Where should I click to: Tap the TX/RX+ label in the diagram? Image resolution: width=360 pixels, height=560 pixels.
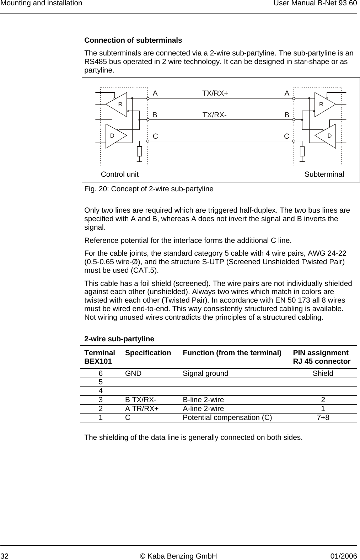pos(215,93)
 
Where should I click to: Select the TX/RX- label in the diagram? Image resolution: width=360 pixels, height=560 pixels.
pos(214,115)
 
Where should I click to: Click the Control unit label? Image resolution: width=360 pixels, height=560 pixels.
pos(120,174)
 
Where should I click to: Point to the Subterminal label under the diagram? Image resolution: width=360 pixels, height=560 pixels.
pos(324,174)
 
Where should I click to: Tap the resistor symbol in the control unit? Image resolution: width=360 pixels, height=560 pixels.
pos(139,151)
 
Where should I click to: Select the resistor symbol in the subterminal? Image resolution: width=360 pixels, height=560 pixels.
pos(302,151)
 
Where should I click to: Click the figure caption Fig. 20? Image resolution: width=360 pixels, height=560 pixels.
pos(149,189)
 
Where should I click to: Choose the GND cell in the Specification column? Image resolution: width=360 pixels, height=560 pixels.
pos(133,373)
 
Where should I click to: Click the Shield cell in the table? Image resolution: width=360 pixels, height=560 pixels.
pos(323,373)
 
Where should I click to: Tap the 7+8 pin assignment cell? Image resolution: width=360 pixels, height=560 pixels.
pos(323,417)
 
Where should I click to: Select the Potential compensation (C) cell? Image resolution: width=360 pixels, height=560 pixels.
pos(227,417)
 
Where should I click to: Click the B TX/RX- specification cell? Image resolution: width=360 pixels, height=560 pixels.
pos(140,400)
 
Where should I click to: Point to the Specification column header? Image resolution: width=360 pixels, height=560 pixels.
pos(148,353)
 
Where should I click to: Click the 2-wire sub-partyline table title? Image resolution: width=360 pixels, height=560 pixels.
pos(119,339)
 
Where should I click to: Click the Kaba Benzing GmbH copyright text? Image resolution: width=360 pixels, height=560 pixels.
pos(180,556)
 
